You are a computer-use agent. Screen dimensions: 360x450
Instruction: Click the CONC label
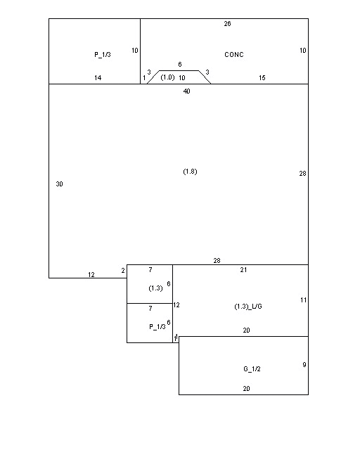click(x=234, y=55)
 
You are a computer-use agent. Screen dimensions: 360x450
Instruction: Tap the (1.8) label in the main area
click(x=190, y=172)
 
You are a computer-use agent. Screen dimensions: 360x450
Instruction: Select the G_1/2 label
click(x=252, y=368)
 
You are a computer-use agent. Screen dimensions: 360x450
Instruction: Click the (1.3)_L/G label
click(x=248, y=307)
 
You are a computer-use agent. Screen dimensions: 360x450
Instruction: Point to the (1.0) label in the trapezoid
click(x=167, y=77)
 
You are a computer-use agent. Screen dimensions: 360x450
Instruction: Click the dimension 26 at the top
click(x=227, y=24)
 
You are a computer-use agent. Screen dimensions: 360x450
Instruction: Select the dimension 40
click(x=186, y=91)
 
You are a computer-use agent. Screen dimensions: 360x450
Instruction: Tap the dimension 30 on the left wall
click(x=60, y=184)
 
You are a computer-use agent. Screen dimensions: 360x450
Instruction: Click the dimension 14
click(x=98, y=78)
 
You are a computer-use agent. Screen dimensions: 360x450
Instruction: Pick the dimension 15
click(x=262, y=78)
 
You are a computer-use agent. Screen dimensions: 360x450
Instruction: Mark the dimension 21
click(x=243, y=270)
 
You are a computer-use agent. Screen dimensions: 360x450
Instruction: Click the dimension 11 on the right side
click(x=304, y=300)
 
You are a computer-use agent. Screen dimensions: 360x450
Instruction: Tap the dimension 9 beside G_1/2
click(x=304, y=365)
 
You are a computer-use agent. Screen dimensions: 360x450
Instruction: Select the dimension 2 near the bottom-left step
click(x=123, y=271)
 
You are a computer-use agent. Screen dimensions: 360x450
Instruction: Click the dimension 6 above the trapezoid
click(x=180, y=64)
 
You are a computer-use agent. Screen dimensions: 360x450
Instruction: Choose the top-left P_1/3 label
click(x=103, y=55)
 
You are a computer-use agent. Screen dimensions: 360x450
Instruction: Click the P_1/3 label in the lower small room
click(x=157, y=327)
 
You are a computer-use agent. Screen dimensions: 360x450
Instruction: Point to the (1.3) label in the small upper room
click(x=155, y=288)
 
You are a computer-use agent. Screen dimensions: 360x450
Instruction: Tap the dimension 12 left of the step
click(x=91, y=275)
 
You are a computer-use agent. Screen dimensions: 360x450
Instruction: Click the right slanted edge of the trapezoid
click(x=205, y=77)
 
